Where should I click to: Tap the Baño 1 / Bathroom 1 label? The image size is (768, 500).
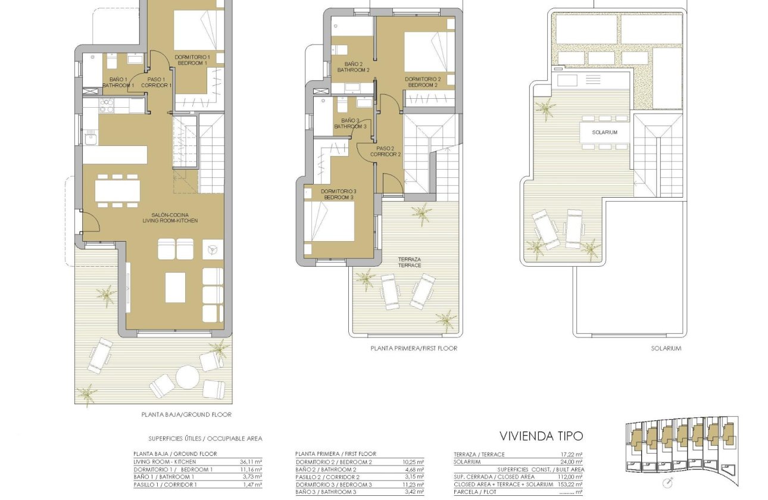click(118, 82)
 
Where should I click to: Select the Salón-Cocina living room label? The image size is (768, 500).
click(170, 217)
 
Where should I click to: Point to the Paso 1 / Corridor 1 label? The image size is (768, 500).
click(157, 82)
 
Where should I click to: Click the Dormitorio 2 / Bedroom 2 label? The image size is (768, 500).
click(423, 82)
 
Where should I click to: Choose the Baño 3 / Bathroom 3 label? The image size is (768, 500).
click(350, 123)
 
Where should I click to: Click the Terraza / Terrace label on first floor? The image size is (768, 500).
click(410, 262)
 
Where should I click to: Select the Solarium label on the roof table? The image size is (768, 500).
click(604, 132)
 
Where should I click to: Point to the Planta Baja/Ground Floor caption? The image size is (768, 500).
click(186, 414)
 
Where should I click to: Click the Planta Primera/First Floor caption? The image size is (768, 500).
click(413, 348)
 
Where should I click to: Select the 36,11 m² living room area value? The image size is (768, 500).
click(250, 461)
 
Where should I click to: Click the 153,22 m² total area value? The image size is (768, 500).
click(570, 484)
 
